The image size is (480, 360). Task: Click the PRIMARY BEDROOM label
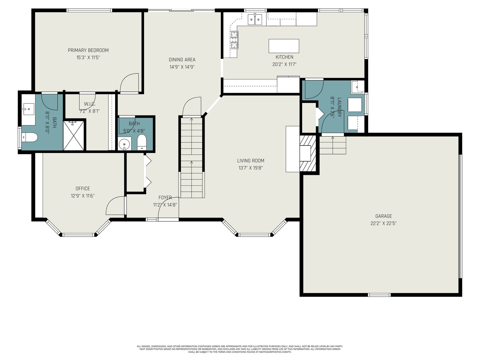88,50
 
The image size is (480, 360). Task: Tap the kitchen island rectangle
283,46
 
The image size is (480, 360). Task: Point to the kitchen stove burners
234,40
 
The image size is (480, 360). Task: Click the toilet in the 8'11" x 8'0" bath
29,137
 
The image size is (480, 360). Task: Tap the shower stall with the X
73,135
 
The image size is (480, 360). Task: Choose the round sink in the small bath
124,144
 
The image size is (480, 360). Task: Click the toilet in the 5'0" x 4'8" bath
142,142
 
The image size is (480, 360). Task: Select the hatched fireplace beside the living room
308,153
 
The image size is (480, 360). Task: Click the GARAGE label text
384,216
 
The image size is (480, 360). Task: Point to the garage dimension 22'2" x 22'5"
384,223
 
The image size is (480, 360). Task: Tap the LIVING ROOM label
250,161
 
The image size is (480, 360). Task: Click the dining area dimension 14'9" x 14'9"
182,67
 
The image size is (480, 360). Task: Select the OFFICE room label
83,188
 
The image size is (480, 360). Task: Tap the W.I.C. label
90,104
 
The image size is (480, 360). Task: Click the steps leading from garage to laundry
333,145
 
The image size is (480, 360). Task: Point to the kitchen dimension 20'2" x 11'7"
284,64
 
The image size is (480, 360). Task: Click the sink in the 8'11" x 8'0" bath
28,109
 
